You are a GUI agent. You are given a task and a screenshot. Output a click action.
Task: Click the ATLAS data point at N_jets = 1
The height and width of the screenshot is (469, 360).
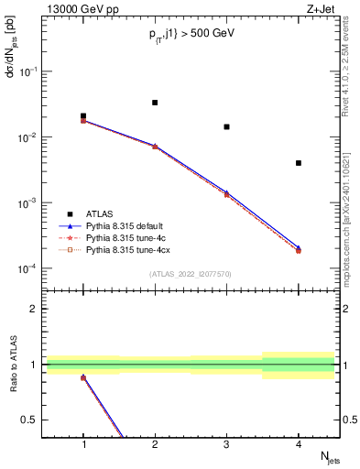coord(83,116)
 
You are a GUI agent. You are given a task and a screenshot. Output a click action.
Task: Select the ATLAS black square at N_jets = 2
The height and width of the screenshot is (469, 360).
coord(155,103)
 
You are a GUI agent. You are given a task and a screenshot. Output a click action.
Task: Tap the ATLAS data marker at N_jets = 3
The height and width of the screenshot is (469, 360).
coord(226,126)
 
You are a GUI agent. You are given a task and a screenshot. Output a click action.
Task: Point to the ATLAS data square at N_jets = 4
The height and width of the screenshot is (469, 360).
coord(299,163)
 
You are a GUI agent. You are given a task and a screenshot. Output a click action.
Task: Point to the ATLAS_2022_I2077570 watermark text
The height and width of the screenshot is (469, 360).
coord(191,274)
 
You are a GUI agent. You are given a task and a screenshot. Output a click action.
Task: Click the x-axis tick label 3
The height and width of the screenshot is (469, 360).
coord(226,445)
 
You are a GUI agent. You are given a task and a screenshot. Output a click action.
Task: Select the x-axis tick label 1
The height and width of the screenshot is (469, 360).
coord(83,445)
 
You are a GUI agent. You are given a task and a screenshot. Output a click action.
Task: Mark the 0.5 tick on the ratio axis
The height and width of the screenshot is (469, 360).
coord(35,420)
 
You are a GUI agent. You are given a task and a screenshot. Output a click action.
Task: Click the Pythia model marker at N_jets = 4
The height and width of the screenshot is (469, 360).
coord(299,249)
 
